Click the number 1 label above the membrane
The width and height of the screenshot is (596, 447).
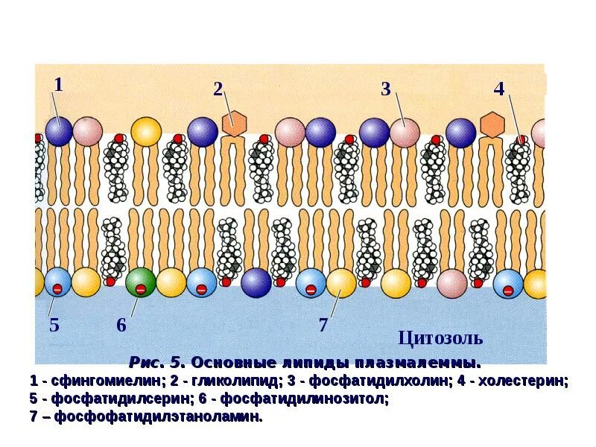(58, 84)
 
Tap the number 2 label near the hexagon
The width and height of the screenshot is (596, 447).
(218, 89)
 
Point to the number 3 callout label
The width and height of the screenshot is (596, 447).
(385, 89)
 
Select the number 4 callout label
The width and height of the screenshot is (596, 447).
(499, 89)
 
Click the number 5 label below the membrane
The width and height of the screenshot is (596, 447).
(54, 326)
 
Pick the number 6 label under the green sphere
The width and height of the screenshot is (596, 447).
(121, 326)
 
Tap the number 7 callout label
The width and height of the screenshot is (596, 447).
(323, 326)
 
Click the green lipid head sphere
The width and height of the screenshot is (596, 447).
(140, 284)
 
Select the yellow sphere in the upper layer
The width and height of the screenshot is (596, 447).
(146, 132)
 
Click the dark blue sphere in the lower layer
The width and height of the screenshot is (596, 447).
(256, 283)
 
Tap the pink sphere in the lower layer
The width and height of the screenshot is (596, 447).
(451, 283)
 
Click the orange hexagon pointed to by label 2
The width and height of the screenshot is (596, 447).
(235, 123)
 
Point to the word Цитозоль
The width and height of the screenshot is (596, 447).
(440, 338)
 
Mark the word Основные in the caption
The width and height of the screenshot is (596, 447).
(225, 364)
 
